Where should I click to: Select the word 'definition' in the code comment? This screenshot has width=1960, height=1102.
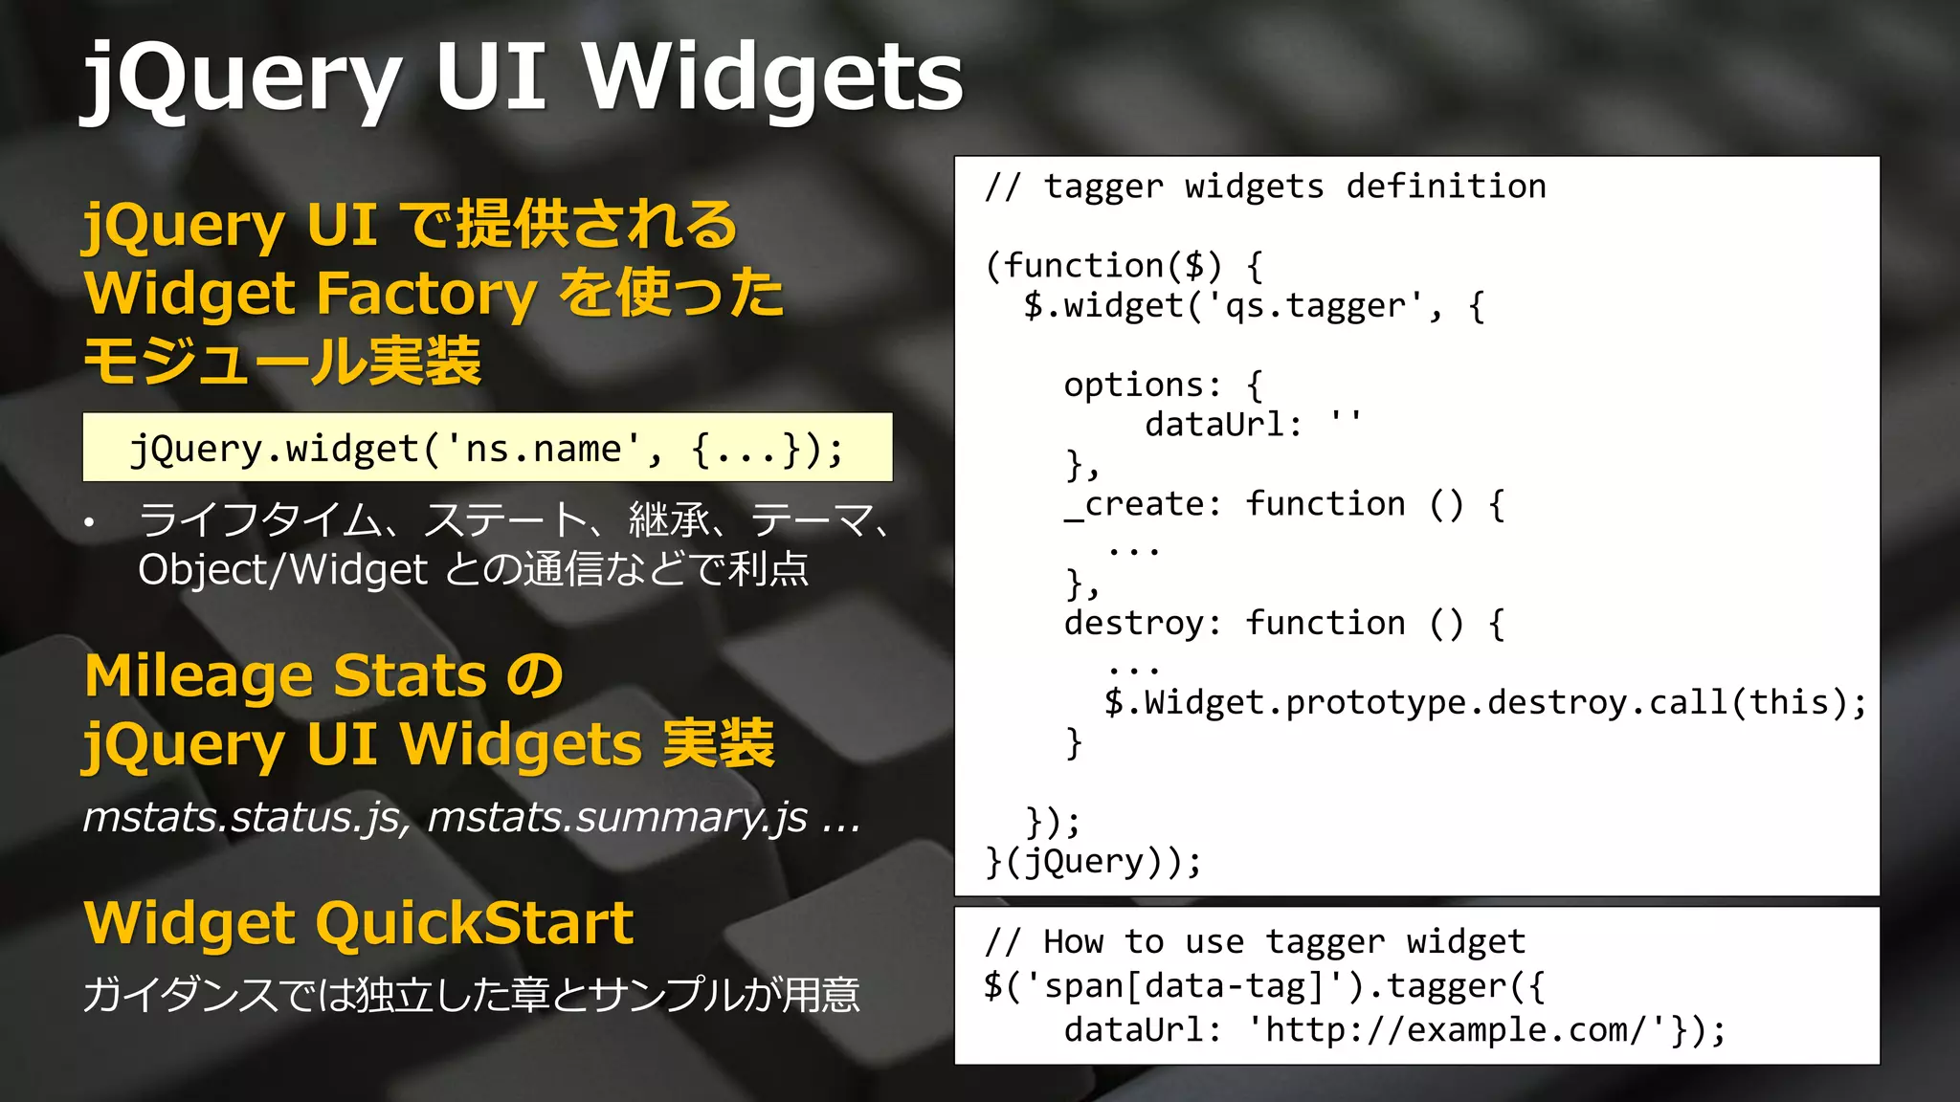click(x=1445, y=186)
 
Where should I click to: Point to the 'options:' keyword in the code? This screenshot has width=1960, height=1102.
click(x=1143, y=385)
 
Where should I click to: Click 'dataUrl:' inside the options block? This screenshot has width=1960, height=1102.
click(x=1224, y=424)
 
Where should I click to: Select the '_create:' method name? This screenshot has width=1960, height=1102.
click(x=1143, y=504)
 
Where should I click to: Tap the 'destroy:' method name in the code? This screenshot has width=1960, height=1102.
click(x=1143, y=624)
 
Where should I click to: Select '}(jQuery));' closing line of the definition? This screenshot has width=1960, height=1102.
click(x=1093, y=862)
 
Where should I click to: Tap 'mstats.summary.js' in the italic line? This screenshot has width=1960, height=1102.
click(x=617, y=818)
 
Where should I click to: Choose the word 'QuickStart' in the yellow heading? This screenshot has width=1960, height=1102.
click(x=474, y=923)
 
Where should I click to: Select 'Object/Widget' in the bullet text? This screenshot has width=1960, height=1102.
click(x=282, y=570)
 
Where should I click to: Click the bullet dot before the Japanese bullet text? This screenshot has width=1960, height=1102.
click(x=89, y=522)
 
